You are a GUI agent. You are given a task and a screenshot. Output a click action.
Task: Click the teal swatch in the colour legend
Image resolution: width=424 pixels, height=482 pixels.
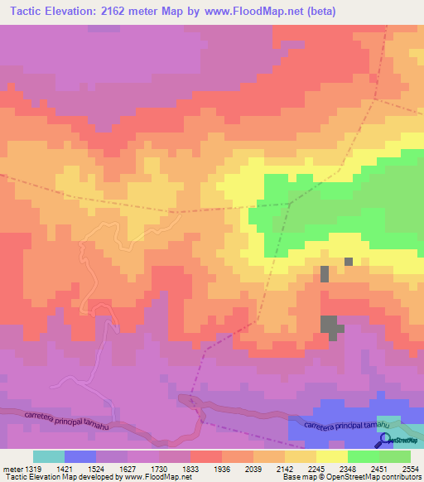tap(49, 456)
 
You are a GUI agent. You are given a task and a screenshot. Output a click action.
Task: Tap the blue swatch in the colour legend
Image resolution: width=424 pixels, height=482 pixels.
tap(80, 456)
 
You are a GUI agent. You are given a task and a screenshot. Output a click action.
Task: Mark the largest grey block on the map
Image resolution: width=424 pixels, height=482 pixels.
tap(330, 326)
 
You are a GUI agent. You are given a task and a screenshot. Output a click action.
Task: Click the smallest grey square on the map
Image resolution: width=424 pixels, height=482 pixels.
tap(349, 261)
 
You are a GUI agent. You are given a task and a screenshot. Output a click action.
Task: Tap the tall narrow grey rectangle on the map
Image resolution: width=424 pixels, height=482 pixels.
tap(325, 274)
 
